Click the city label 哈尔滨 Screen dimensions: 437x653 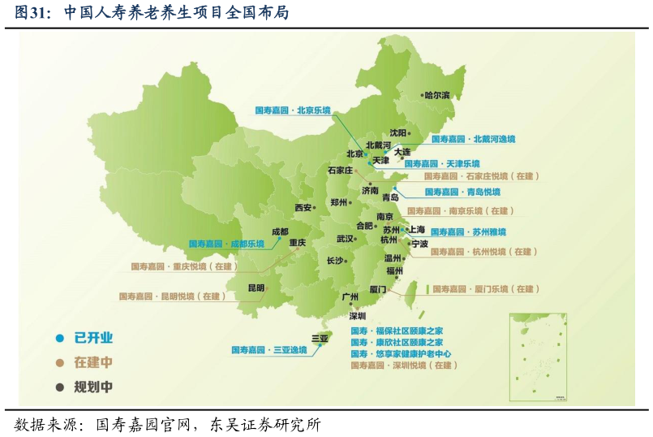[x=436, y=95]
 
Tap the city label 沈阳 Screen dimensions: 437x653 [x=397, y=132]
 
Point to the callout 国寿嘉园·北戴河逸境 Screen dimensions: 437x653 [x=473, y=139]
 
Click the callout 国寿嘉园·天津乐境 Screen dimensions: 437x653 [x=441, y=163]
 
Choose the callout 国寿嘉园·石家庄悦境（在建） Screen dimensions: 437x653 [x=481, y=175]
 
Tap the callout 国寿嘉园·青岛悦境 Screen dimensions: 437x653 [x=462, y=193]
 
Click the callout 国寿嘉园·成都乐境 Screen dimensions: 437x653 [x=226, y=243]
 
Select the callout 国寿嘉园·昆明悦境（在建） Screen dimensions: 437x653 [x=172, y=296]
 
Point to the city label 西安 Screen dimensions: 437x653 [x=303, y=208]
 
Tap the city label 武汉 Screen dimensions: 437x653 [x=345, y=239]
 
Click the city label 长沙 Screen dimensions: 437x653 [x=335, y=261]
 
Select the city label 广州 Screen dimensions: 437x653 [x=350, y=297]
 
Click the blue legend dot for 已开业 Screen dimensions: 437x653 [x=59, y=338]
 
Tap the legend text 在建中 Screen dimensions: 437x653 [x=93, y=362]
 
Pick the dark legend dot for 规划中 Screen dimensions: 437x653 [x=59, y=387]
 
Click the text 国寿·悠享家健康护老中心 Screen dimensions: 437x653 [x=401, y=354]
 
